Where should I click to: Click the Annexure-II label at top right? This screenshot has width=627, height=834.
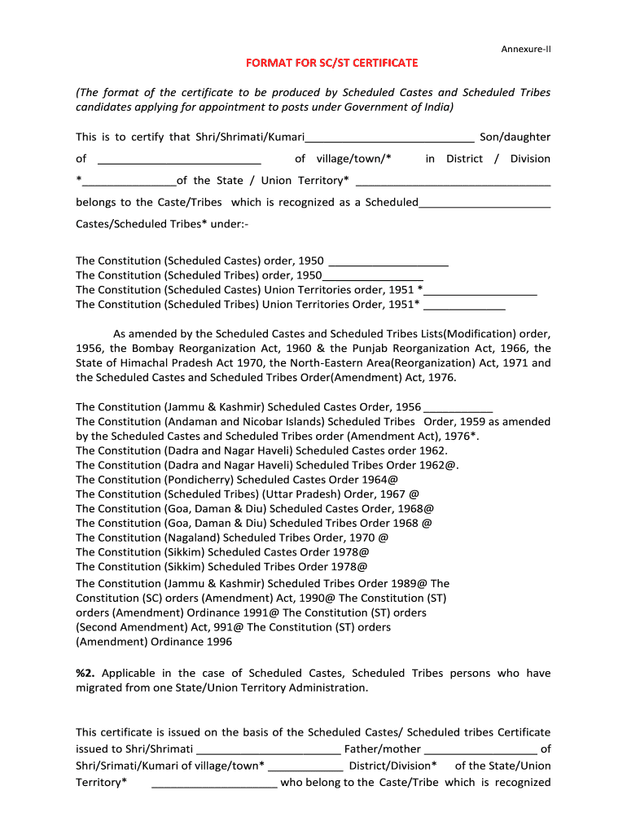pos(525,49)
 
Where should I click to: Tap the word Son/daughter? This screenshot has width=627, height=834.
pos(515,137)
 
